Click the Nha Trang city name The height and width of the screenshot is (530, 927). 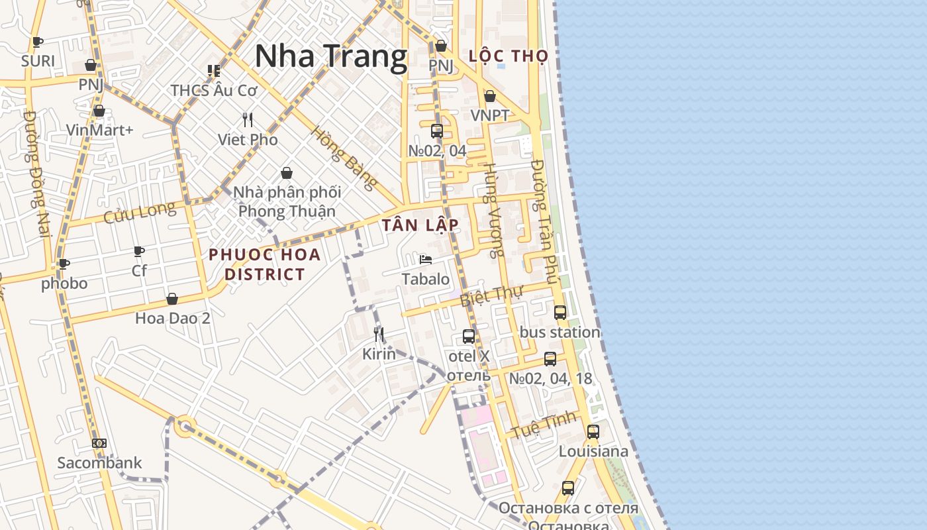[330, 56]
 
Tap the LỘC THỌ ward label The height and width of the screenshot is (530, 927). [509, 56]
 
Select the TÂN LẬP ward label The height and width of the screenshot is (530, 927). [420, 225]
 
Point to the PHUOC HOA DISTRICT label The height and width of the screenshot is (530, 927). [265, 264]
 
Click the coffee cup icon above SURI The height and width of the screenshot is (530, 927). [38, 42]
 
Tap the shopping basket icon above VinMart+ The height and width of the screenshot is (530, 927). [99, 111]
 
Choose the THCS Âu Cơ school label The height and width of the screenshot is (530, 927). [213, 90]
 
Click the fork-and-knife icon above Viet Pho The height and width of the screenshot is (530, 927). [248, 120]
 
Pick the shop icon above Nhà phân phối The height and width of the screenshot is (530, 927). [287, 173]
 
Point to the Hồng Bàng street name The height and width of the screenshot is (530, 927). [344, 157]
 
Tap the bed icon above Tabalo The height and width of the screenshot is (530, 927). [426, 259]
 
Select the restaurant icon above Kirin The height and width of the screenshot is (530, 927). [379, 334]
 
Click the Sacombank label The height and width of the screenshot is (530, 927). [99, 462]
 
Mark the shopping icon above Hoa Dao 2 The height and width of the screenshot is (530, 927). [172, 299]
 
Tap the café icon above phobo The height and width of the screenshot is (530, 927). [64, 264]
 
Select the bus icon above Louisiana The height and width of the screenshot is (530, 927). [593, 431]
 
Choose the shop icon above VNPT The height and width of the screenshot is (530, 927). [490, 96]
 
